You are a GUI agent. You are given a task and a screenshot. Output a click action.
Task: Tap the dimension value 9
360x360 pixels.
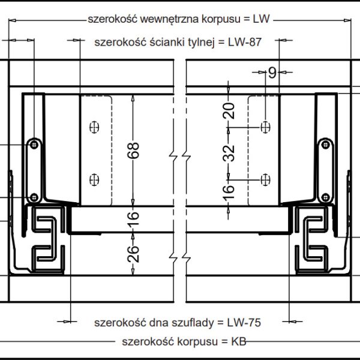coord(272,73)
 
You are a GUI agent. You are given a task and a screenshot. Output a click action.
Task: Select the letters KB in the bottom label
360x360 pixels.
coord(238,342)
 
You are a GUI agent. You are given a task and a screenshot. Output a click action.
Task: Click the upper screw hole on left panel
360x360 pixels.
coord(93,127)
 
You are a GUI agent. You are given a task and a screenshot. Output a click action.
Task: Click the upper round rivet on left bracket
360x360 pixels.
coord(34,144)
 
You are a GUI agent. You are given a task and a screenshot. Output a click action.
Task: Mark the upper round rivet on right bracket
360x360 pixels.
coord(325,144)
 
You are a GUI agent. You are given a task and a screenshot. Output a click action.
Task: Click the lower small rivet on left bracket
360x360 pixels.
coord(34,198)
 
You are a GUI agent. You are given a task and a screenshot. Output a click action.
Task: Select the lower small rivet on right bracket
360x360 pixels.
coord(325,198)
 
